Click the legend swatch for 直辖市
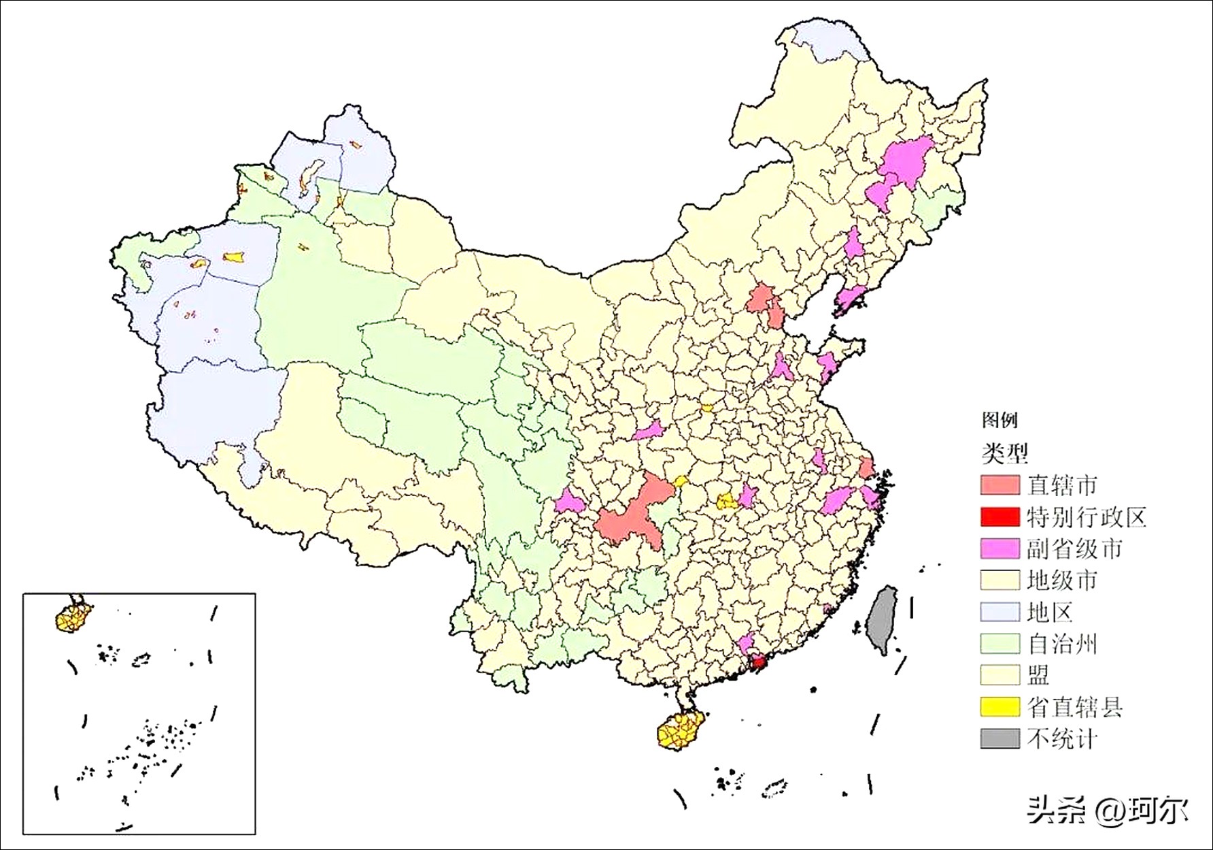tap(1000, 485)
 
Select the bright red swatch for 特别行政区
tap(1000, 517)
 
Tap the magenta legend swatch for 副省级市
tap(1000, 549)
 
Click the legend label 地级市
tap(1061, 581)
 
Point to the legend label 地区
tap(1050, 612)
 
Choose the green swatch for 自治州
tap(1000, 643)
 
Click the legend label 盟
tap(1038, 674)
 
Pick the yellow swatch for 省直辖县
tap(1000, 707)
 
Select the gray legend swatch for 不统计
tap(1000, 738)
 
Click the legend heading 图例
tap(999, 420)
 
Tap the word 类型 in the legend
tap(1005, 452)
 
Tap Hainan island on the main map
tap(680, 732)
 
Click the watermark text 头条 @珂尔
tap(1108, 811)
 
